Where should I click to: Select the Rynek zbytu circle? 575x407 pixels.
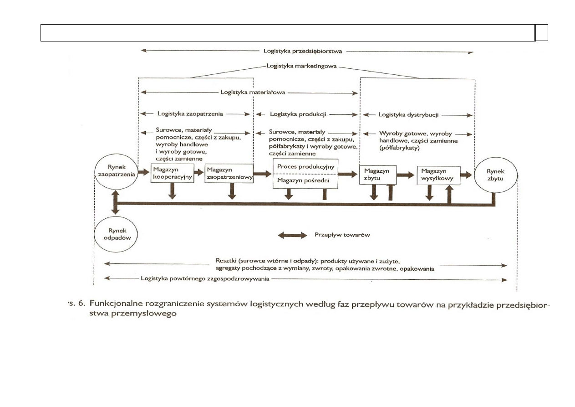(x=495, y=175)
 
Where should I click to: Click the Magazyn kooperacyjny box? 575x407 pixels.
(x=172, y=174)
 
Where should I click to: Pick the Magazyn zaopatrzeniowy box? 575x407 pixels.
(x=229, y=174)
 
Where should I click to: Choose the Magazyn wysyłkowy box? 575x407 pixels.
(x=438, y=175)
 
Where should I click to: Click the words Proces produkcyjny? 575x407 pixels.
(x=305, y=166)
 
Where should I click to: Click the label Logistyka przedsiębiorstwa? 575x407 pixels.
(x=303, y=51)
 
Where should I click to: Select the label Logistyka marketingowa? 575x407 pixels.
(x=301, y=66)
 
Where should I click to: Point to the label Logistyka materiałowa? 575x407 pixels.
(x=252, y=93)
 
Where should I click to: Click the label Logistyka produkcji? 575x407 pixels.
(x=298, y=114)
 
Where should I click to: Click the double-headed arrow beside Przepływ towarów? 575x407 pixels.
(x=293, y=235)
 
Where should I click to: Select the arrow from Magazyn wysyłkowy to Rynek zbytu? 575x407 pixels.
(x=467, y=175)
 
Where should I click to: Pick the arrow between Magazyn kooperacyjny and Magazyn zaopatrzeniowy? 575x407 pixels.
(x=198, y=173)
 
